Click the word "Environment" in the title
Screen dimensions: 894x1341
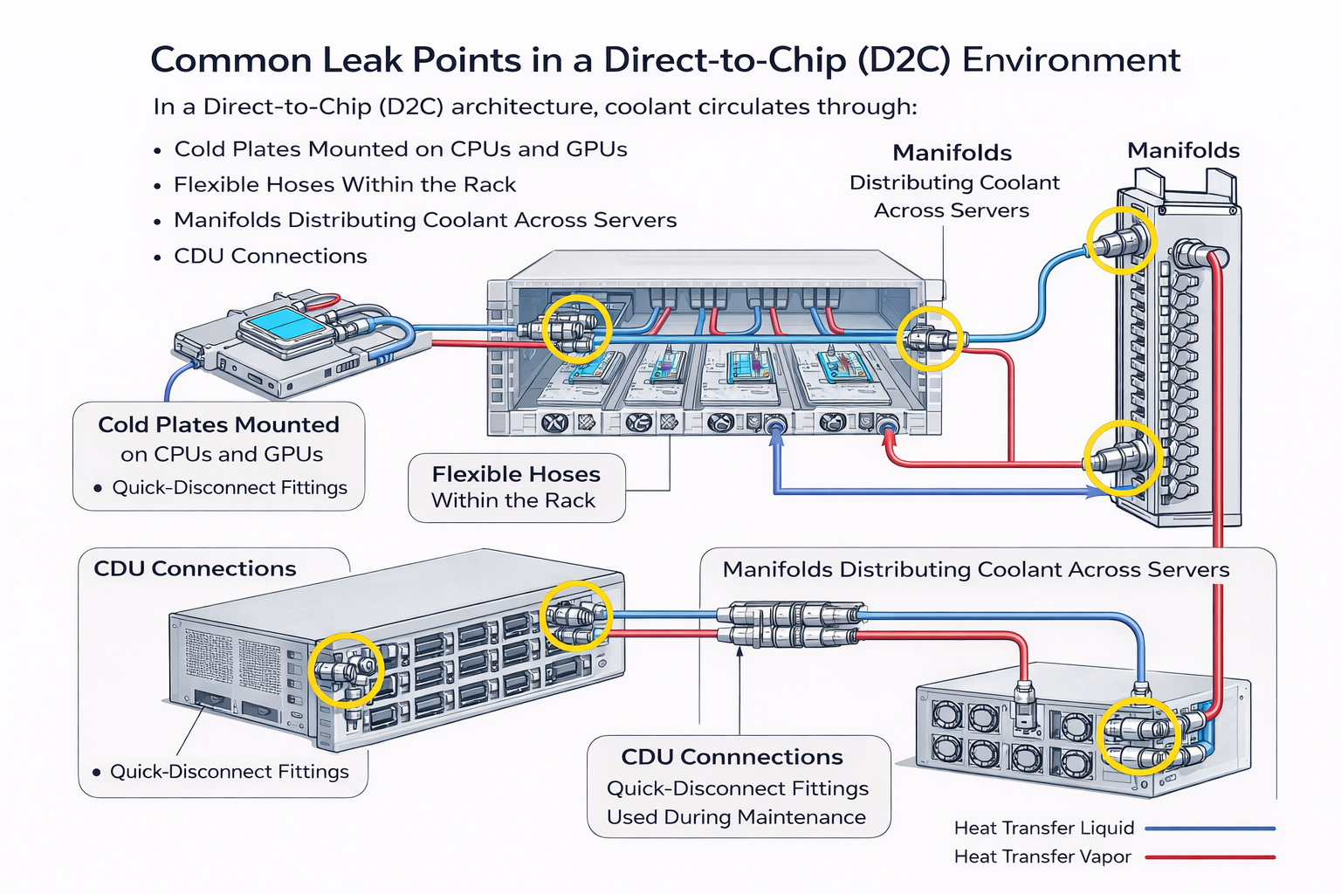[x=1070, y=60]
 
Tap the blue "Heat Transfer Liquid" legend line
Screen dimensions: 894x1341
[x=1209, y=829]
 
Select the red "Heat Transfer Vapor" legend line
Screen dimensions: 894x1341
[x=1209, y=857]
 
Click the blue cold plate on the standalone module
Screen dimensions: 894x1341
[x=281, y=327]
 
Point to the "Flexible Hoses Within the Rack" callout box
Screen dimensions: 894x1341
[x=516, y=487]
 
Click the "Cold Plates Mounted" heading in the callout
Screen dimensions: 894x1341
[x=218, y=425]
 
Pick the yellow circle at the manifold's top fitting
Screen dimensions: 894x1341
[x=1121, y=241]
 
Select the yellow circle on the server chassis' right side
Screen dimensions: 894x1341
[x=930, y=338]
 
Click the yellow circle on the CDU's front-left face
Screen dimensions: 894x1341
[x=346, y=670]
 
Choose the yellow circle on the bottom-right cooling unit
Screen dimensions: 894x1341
[x=1140, y=736]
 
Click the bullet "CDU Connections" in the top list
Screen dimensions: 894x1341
[x=270, y=257]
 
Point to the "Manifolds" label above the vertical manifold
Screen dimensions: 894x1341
[x=1183, y=151]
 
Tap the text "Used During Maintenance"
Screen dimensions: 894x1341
[x=736, y=817]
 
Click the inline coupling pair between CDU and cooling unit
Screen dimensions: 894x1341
[x=790, y=624]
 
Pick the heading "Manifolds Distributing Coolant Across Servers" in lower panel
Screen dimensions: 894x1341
[x=975, y=570]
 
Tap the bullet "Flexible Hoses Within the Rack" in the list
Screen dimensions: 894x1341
[x=345, y=185]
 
